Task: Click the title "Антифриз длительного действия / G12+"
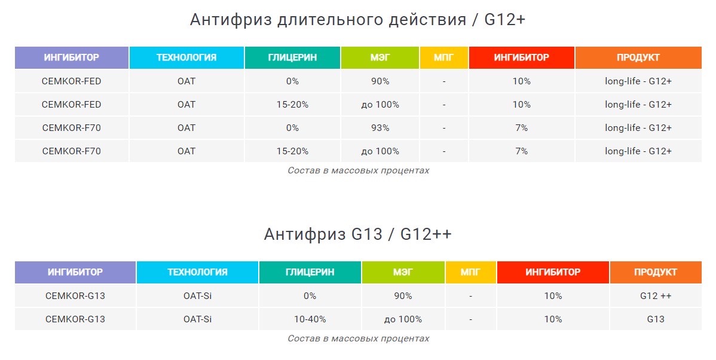click(x=357, y=20)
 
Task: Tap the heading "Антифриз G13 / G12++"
click(x=357, y=234)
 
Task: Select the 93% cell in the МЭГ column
click(x=380, y=128)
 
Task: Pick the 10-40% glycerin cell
click(x=310, y=319)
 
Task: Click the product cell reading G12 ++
click(x=656, y=296)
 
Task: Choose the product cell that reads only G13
click(x=656, y=319)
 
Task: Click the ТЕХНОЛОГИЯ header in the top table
click(x=186, y=57)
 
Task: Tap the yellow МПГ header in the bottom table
click(x=470, y=272)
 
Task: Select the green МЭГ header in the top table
click(x=380, y=57)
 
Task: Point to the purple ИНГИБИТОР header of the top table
click(x=72, y=57)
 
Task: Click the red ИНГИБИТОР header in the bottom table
click(x=553, y=272)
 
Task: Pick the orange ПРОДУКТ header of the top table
click(x=638, y=57)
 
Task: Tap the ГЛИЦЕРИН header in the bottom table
click(x=310, y=272)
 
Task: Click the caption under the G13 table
click(x=359, y=338)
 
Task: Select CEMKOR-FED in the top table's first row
click(x=72, y=81)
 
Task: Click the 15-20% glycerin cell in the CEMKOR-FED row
click(x=292, y=105)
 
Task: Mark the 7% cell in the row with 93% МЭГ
click(x=522, y=128)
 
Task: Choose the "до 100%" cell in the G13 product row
click(x=403, y=319)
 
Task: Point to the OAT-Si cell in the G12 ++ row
click(x=198, y=296)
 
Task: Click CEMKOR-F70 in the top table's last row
click(x=72, y=151)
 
